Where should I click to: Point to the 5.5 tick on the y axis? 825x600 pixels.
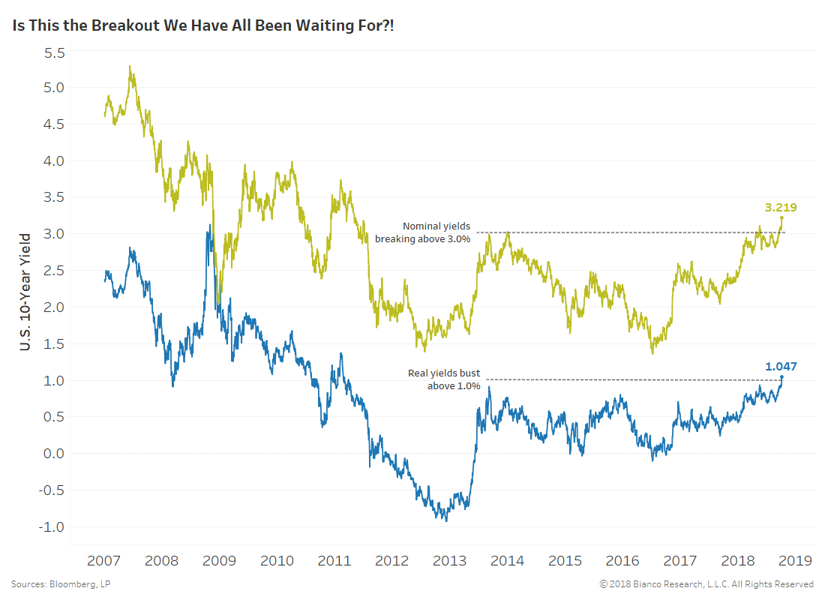point(55,52)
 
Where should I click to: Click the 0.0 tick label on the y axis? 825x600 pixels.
point(55,454)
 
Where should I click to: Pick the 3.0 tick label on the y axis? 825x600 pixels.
point(55,234)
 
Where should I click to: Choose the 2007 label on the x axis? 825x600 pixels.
point(103,560)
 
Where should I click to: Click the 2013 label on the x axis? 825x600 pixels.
point(449,560)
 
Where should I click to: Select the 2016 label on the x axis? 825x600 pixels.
point(622,560)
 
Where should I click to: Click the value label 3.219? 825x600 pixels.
point(780,208)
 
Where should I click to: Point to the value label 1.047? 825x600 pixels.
point(781,367)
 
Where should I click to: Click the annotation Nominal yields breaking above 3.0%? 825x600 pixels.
point(423,232)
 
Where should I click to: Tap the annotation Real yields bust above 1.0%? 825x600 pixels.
point(443,379)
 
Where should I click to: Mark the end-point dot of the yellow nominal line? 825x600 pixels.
point(781,218)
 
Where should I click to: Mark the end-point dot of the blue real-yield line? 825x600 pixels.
point(781,377)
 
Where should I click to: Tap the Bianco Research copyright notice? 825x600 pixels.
point(706,583)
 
